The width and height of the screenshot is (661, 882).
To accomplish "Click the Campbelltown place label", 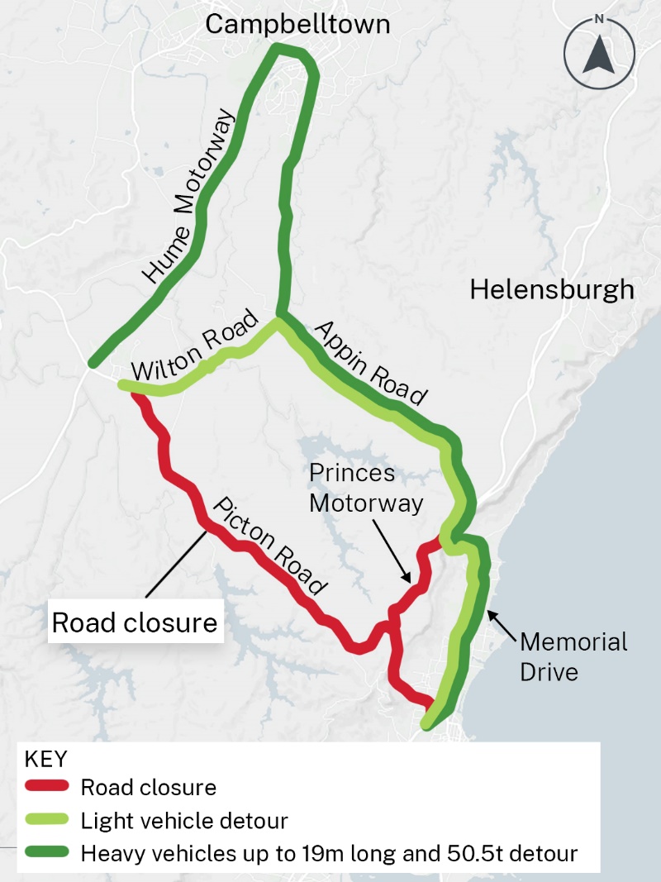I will [x=297, y=25].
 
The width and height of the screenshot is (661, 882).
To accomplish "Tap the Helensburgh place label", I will [x=552, y=290].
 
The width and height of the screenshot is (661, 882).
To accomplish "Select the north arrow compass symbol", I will [x=600, y=55].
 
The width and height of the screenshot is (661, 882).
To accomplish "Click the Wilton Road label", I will [x=196, y=353].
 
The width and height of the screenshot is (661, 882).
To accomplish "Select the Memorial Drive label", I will [x=573, y=656].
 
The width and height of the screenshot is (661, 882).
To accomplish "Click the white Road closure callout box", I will [x=135, y=622].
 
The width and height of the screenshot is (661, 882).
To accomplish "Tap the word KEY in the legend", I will [x=46, y=759].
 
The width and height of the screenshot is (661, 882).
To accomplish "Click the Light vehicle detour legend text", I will [x=184, y=822].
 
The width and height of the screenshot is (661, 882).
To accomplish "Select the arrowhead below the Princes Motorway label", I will [x=404, y=579].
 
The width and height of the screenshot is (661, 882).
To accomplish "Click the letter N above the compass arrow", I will [x=600, y=20].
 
